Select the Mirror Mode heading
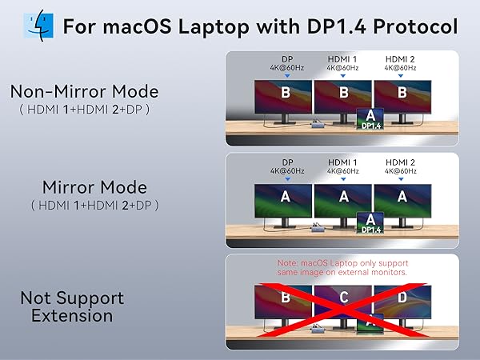point(94,187)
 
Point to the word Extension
point(72,315)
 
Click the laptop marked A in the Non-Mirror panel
point(368,117)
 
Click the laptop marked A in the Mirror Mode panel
point(368,221)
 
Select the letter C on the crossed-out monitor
point(344,298)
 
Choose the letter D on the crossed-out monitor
point(402,298)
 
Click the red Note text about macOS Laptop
point(343,268)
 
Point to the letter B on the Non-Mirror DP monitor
point(285,92)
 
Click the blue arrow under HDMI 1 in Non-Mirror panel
point(344,76)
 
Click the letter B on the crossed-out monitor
point(285,298)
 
